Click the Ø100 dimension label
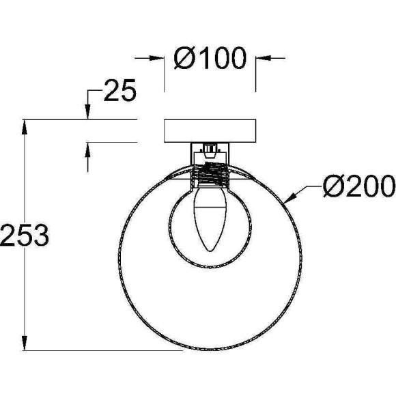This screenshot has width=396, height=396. (210, 58)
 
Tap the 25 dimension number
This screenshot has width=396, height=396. (120, 90)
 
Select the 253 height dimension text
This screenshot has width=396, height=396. (25, 236)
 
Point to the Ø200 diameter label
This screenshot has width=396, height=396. (359, 186)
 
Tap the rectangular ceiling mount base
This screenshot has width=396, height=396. (210, 131)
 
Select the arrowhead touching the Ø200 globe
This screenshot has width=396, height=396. (289, 198)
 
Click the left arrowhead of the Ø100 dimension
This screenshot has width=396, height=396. (157, 58)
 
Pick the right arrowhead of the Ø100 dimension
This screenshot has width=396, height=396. (264, 58)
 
